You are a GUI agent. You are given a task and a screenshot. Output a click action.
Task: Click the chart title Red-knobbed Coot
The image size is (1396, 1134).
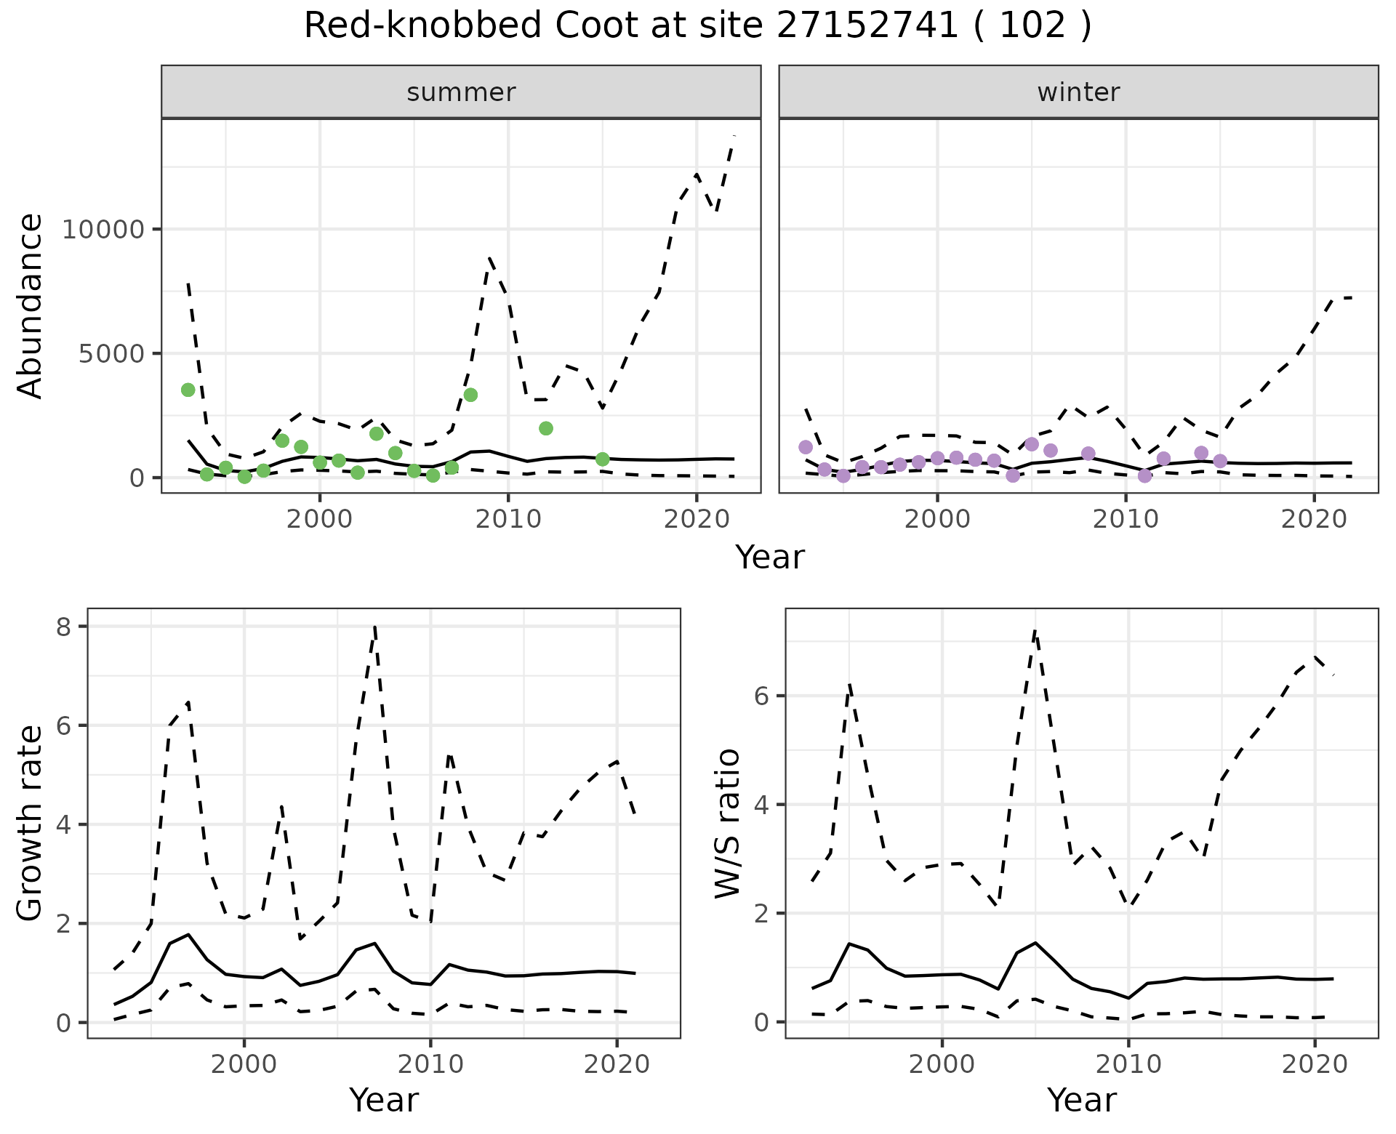(697, 26)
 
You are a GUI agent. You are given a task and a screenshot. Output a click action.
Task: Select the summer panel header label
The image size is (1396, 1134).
(461, 92)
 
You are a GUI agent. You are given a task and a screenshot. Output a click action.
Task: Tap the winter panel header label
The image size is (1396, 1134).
(1078, 92)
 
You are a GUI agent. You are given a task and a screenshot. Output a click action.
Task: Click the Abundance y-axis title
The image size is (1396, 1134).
(31, 305)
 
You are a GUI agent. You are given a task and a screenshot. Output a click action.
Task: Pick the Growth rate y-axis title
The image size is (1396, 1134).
(31, 823)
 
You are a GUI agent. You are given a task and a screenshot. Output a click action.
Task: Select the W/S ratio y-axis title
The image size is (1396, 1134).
(727, 823)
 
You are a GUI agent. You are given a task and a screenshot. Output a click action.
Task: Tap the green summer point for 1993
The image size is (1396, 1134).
(188, 390)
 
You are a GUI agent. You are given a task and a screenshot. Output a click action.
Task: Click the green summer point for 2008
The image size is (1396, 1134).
(470, 395)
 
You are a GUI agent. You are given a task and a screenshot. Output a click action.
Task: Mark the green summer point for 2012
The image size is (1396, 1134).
(546, 428)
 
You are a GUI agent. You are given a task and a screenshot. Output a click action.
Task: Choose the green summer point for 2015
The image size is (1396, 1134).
(602, 459)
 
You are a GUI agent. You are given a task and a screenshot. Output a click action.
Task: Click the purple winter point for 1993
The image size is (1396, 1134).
(806, 447)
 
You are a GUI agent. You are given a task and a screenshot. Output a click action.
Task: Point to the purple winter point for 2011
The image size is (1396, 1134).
(1144, 476)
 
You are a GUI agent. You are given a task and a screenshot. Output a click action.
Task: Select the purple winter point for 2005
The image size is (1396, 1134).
(1032, 444)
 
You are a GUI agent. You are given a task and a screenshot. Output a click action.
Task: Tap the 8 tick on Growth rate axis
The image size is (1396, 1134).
(63, 627)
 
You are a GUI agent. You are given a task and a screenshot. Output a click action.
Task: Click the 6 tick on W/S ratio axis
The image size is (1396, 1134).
(761, 696)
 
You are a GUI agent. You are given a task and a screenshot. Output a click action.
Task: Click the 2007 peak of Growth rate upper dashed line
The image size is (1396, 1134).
(374, 627)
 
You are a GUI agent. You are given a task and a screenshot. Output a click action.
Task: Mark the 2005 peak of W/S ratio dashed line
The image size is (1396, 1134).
(1035, 631)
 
